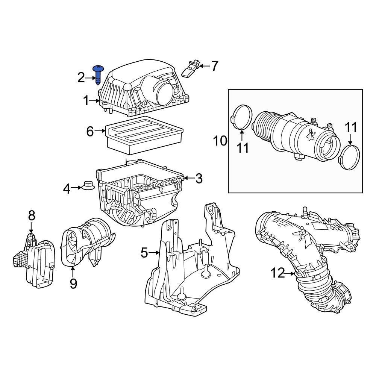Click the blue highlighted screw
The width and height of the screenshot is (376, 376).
click(x=99, y=74)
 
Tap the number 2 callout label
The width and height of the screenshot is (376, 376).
click(x=81, y=78)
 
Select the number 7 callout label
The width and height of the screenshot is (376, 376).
click(x=214, y=66)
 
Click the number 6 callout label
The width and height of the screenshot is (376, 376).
click(x=90, y=131)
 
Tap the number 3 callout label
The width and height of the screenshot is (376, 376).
click(x=199, y=179)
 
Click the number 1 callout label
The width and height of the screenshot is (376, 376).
click(x=86, y=101)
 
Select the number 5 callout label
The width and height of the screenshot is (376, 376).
click(x=144, y=253)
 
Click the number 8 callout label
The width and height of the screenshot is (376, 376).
click(x=32, y=215)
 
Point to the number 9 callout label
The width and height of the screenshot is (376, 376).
click(x=73, y=283)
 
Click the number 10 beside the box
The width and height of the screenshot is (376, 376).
click(x=220, y=141)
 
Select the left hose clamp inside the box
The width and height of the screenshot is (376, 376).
click(x=241, y=117)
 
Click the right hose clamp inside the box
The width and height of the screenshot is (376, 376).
click(x=350, y=158)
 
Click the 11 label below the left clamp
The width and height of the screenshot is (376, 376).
click(x=243, y=148)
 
